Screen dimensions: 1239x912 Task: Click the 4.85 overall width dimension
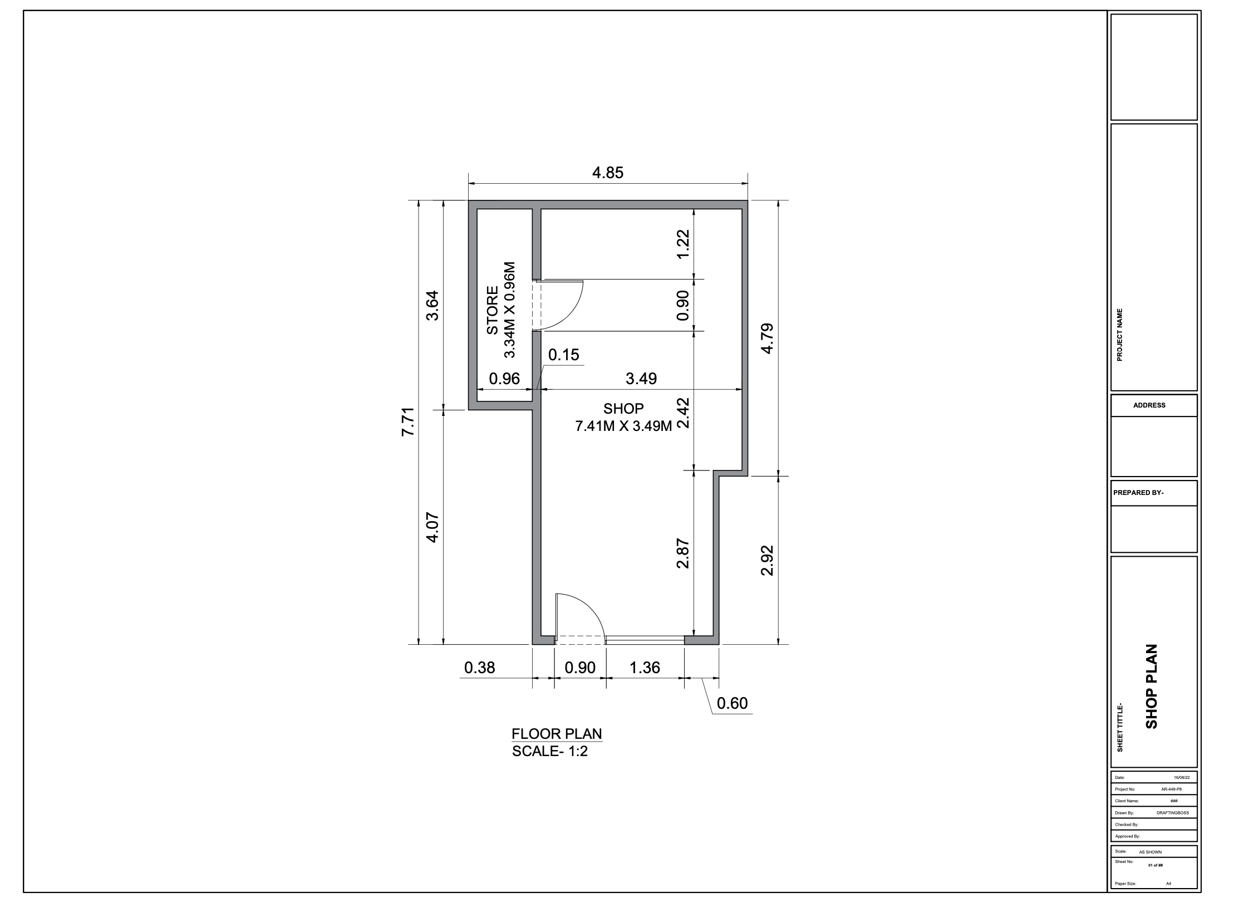tap(608, 173)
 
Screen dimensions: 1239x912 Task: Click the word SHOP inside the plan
tap(623, 409)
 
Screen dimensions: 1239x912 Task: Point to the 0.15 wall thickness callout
tap(564, 355)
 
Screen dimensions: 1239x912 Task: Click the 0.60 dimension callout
tap(732, 703)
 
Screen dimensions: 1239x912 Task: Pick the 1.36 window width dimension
tap(645, 667)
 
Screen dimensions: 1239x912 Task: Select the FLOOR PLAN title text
tap(557, 734)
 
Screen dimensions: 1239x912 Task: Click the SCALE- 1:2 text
tap(550, 751)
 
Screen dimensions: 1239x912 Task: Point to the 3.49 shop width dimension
tap(641, 379)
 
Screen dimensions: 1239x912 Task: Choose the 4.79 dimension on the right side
tap(767, 338)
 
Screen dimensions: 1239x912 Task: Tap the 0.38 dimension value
tap(479, 667)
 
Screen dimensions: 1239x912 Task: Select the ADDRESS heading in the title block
tap(1149, 405)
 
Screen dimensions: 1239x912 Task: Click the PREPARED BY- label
tap(1138, 493)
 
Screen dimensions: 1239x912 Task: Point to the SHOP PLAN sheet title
tap(1151, 686)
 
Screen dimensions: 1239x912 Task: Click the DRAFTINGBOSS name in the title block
tap(1173, 813)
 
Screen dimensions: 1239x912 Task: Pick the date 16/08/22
tap(1182, 777)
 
